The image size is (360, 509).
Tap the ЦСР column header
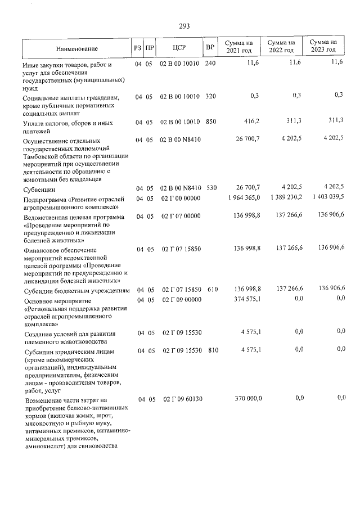[x=179, y=47]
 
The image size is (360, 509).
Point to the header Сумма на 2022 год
[x=281, y=47]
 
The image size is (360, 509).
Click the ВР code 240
[x=210, y=64]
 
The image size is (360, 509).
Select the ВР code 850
[x=210, y=121]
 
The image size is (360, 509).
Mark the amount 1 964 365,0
[x=241, y=197]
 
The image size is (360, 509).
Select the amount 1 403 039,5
[x=323, y=197]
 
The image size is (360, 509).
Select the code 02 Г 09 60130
[x=182, y=399]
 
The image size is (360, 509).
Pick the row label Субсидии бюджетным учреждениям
[x=77, y=291]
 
